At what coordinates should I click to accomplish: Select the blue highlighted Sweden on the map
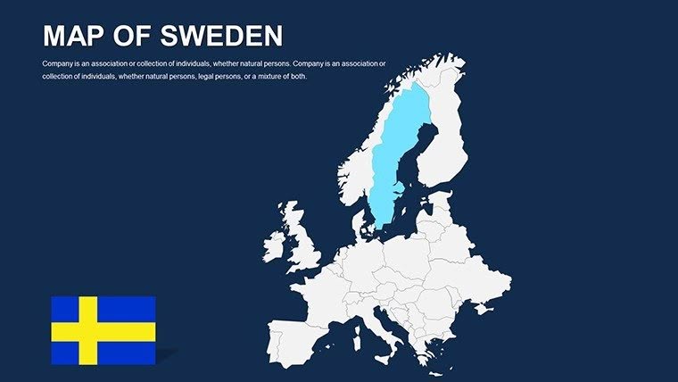(394, 152)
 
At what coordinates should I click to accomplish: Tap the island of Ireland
(274, 244)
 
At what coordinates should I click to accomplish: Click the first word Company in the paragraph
(58, 63)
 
